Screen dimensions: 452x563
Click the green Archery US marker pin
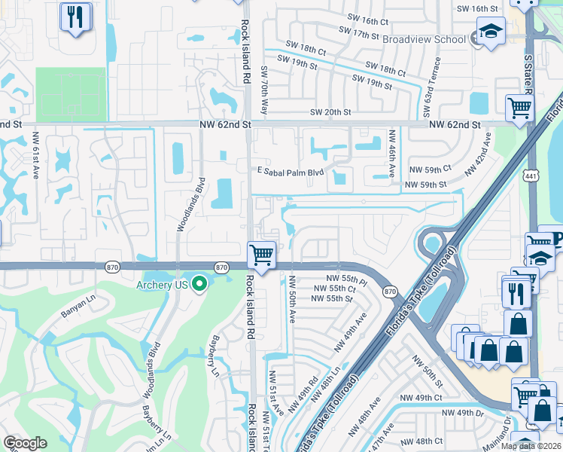point(199,284)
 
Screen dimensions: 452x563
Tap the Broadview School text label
point(425,38)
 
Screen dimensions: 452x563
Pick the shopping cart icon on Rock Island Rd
point(261,254)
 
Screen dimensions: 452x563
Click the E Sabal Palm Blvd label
point(290,172)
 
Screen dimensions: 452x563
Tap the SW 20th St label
point(331,112)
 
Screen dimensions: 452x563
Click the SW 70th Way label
point(264,90)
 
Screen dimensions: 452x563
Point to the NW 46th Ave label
point(391,152)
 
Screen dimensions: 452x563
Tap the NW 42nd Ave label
point(478,155)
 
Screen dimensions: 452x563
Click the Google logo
point(25,444)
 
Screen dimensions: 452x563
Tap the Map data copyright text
point(531,446)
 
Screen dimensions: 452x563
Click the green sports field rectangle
point(71,94)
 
